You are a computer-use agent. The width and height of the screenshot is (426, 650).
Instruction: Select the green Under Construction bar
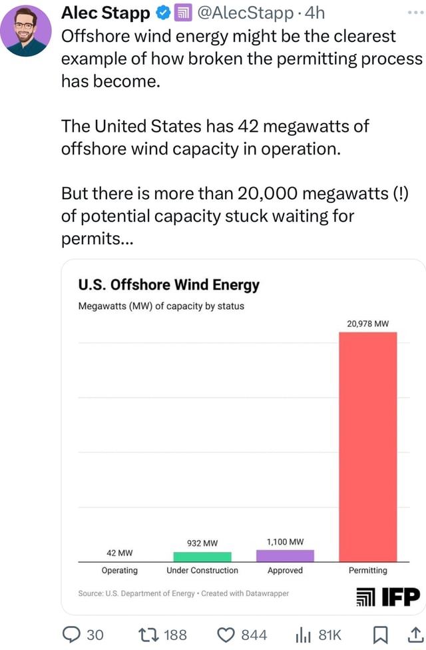[x=202, y=557]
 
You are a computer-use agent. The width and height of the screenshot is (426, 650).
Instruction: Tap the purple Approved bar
[x=285, y=555]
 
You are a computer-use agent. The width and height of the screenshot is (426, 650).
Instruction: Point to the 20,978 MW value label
[x=367, y=324]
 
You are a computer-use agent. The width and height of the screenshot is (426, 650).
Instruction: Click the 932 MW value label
[x=202, y=543]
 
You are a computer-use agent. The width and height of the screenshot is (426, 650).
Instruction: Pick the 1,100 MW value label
[x=285, y=541]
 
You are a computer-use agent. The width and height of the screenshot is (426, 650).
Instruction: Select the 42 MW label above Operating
[x=120, y=553]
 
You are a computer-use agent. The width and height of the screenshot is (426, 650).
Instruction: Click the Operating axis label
[x=120, y=571]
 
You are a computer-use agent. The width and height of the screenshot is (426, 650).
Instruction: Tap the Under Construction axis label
[x=202, y=571]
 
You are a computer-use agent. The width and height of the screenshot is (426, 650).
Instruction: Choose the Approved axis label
[x=285, y=571]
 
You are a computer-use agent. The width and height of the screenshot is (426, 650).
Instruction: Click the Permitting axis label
[x=367, y=571]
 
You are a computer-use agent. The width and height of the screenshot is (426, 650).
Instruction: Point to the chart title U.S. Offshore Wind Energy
[x=168, y=286]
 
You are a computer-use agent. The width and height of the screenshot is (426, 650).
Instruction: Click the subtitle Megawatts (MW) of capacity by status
[x=161, y=306]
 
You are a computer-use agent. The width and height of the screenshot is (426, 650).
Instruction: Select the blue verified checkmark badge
[x=162, y=13]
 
